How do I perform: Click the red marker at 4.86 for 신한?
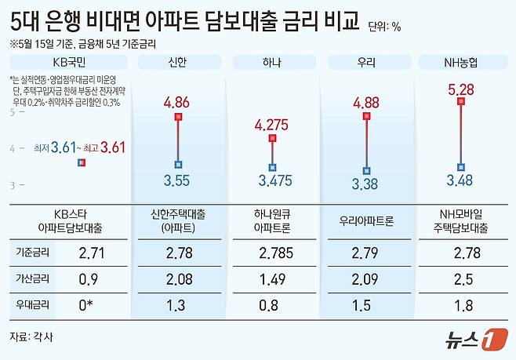pyautogui.click(x=179, y=116)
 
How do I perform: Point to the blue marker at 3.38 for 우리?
pyautogui.click(x=366, y=171)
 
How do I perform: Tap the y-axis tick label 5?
pyautogui.click(x=13, y=112)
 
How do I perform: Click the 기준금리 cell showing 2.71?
pyautogui.click(x=91, y=252)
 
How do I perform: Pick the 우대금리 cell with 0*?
pyautogui.click(x=91, y=303)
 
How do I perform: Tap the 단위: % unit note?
pyautogui.click(x=384, y=27)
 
